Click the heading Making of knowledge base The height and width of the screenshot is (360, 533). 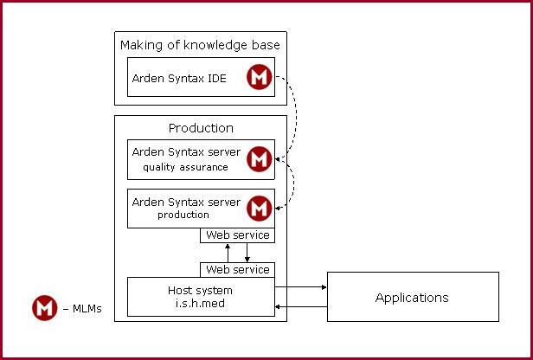(x=200, y=45)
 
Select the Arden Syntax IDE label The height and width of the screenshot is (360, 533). (x=179, y=79)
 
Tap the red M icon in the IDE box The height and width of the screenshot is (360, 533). (x=260, y=77)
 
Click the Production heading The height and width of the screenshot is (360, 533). (x=201, y=128)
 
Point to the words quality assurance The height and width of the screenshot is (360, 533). (x=185, y=167)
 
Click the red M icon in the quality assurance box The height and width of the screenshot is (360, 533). (x=260, y=159)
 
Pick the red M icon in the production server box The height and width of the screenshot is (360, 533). (x=260, y=209)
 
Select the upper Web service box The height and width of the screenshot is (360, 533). (x=237, y=235)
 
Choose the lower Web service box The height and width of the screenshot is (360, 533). (x=237, y=270)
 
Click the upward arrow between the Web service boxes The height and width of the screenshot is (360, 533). (x=228, y=253)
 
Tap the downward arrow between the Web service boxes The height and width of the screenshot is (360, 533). (x=247, y=253)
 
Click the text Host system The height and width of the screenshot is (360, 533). (x=200, y=290)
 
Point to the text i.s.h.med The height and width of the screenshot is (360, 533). (x=200, y=303)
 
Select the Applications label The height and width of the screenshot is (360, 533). (x=412, y=298)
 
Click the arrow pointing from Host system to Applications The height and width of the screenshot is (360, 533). (x=300, y=287)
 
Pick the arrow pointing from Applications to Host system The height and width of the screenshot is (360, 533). (x=301, y=307)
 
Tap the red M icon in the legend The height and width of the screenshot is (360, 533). (x=45, y=308)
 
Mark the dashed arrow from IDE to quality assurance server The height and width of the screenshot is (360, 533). (x=295, y=116)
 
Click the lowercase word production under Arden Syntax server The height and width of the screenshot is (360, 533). (x=183, y=215)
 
